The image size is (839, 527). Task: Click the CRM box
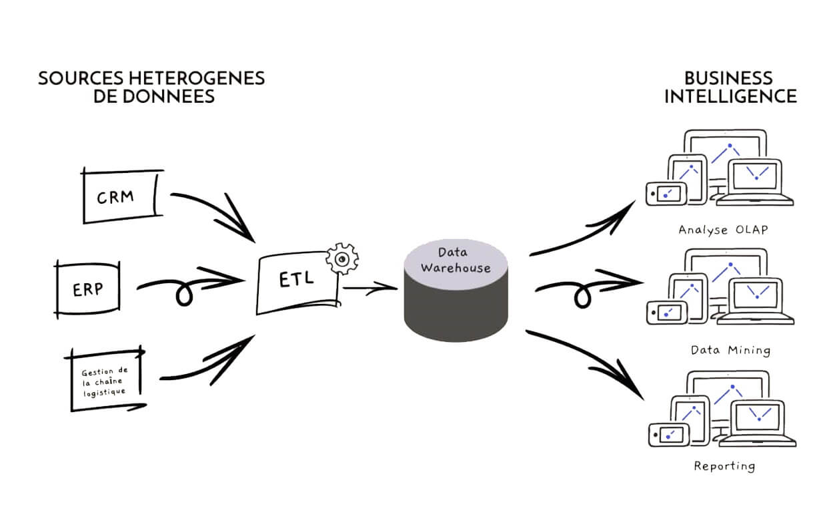[121, 197]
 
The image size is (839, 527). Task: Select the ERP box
[87, 289]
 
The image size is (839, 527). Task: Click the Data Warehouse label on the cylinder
[455, 260]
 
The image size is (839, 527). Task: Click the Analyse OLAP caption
[723, 230]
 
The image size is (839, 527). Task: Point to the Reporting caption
[724, 466]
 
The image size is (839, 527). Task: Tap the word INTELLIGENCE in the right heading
[730, 96]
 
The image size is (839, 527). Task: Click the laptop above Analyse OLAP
[758, 181]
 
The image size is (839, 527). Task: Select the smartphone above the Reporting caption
[667, 434]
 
